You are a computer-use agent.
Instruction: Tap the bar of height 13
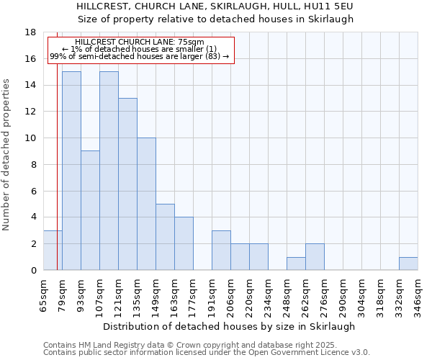pyautogui.click(x=127, y=184)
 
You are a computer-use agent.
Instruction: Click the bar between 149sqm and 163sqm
pyautogui.click(x=165, y=237)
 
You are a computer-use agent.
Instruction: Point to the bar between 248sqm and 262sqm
pyautogui.click(x=296, y=264)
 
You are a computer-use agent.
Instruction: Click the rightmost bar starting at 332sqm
pyautogui.click(x=408, y=264)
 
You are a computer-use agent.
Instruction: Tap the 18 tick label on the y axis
pyautogui.click(x=30, y=32)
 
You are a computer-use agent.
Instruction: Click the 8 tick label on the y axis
pyautogui.click(x=33, y=165)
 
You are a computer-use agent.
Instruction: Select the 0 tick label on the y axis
pyautogui.click(x=33, y=271)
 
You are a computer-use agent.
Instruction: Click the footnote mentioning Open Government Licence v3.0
pyautogui.click(x=207, y=353)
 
